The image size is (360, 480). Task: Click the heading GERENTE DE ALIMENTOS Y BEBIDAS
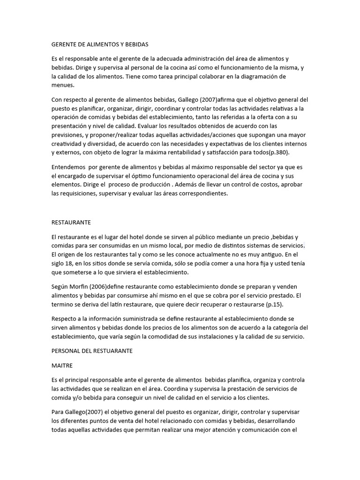coord(99,44)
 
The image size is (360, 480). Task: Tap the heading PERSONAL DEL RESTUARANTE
coord(92,350)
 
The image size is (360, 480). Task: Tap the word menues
coord(62,85)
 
